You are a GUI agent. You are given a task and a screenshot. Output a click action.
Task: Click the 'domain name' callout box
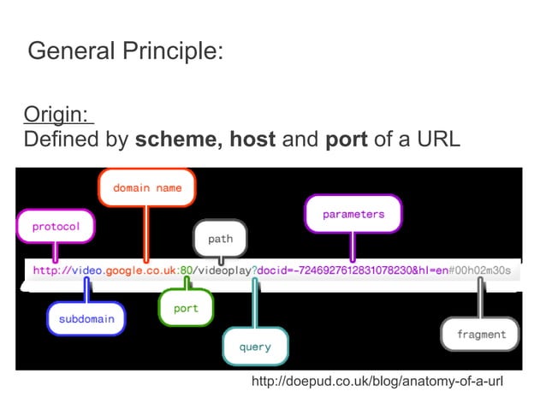coord(147,188)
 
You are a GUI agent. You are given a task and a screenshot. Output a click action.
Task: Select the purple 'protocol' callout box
coord(56,227)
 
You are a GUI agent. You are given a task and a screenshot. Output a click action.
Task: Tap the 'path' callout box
coord(220,239)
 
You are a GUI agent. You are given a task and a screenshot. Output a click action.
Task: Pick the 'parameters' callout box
coord(353,214)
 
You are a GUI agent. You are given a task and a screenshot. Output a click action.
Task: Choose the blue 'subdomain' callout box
coord(86,318)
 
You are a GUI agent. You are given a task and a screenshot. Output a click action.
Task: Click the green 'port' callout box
coord(186,308)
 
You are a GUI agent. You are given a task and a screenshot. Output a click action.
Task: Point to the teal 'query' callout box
coord(255,347)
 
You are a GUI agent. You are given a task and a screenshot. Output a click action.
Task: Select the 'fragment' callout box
coord(481,334)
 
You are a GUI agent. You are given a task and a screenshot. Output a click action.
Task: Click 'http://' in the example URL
coord(51,270)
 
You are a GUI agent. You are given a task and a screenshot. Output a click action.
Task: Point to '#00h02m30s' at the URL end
coord(480,270)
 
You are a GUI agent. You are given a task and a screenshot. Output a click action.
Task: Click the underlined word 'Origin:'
coord(56,114)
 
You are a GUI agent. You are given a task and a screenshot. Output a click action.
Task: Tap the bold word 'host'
coord(252,139)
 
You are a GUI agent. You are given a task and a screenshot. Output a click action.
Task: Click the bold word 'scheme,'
coord(177,139)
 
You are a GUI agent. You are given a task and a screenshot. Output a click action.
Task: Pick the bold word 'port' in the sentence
coord(347,139)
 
